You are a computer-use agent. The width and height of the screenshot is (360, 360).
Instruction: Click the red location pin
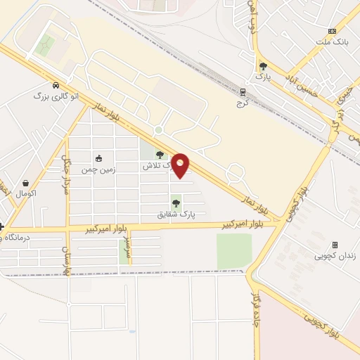pyautogui.click(x=181, y=165)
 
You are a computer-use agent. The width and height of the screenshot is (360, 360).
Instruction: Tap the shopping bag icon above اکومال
pyautogui.click(x=26, y=182)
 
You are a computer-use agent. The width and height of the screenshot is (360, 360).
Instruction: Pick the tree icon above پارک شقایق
pyautogui.click(x=176, y=203)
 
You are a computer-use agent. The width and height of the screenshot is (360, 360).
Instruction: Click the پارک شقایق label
pyautogui.click(x=176, y=214)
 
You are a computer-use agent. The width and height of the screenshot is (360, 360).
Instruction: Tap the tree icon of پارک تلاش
pyautogui.click(x=160, y=155)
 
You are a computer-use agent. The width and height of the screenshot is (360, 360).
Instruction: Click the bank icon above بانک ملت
pyautogui.click(x=332, y=31)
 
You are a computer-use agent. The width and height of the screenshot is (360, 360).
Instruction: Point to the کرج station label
pyautogui.click(x=243, y=102)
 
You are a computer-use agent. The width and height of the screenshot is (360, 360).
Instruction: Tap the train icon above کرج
pyautogui.click(x=243, y=91)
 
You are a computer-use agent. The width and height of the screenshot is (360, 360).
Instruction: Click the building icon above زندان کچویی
pyautogui.click(x=335, y=245)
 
